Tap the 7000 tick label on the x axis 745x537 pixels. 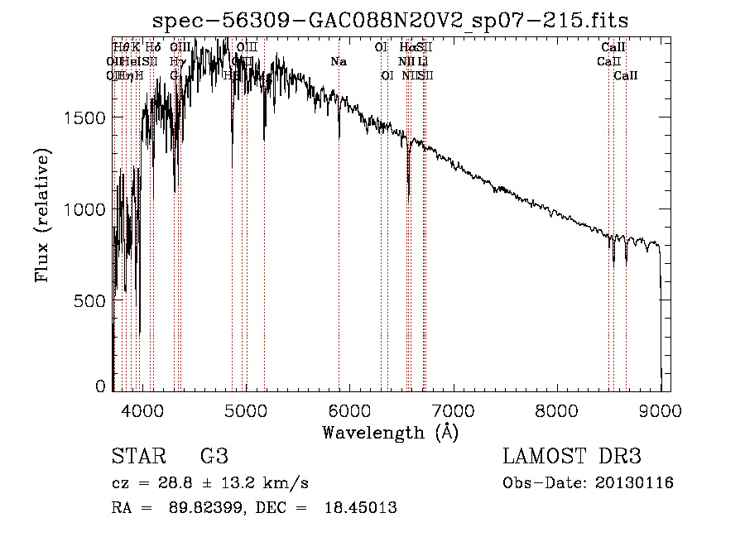pos(453,410)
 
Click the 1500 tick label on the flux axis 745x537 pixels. pos(85,117)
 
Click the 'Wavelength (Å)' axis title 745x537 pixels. pos(390,432)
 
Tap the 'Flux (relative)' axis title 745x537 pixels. pos(42,215)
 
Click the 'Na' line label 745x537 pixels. pos(338,61)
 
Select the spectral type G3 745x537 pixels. pos(213,457)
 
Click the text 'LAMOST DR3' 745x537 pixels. pos(572,457)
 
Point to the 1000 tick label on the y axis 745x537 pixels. pos(85,209)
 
